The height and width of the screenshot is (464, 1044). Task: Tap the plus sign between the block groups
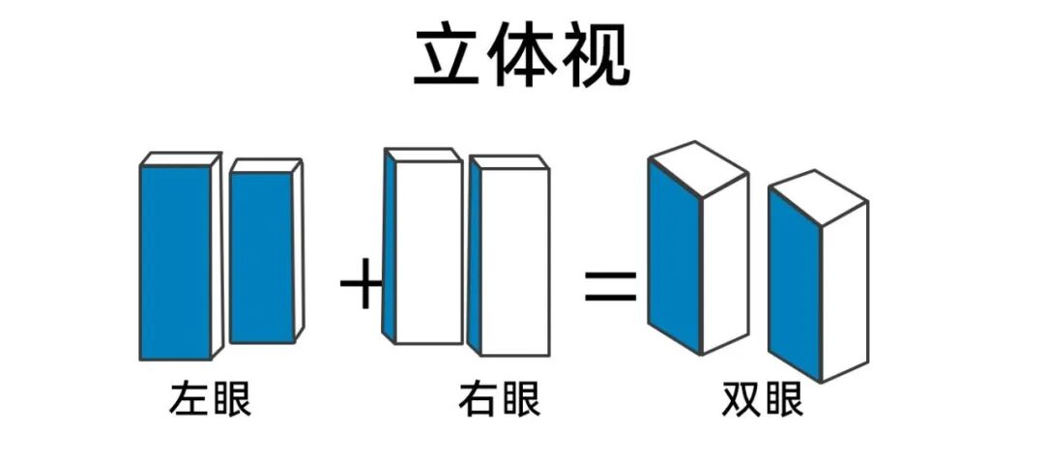(362, 287)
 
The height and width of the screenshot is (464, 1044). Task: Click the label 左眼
(211, 399)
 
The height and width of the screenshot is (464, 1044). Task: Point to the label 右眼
(500, 399)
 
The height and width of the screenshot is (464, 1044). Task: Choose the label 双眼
(763, 399)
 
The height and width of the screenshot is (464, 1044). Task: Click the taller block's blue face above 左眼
(176, 261)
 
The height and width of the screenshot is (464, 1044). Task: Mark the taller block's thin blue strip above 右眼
(390, 251)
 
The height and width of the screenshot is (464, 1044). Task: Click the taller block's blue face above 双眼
(674, 256)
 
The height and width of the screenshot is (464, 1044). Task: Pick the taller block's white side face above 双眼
(724, 266)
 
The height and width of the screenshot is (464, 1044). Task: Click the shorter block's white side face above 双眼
(844, 290)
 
